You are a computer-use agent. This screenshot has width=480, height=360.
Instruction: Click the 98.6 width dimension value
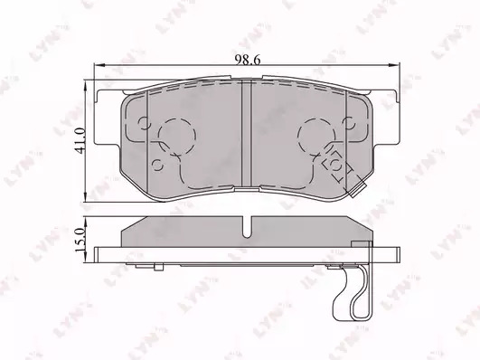tap(248, 60)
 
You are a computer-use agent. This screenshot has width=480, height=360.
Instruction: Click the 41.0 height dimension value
tap(80, 140)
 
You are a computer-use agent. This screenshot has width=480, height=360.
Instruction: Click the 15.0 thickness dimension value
tap(80, 240)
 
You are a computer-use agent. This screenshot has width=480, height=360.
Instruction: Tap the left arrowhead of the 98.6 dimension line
tap(99, 64)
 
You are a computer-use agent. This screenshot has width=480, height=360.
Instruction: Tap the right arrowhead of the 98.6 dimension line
tap(394, 64)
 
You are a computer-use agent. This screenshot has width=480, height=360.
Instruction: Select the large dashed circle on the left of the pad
tap(177, 118)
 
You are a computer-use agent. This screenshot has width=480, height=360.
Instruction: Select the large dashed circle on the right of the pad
tap(317, 118)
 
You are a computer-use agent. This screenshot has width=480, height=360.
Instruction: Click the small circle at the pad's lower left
tap(157, 166)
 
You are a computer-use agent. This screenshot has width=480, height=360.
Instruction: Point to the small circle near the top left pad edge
tap(145, 124)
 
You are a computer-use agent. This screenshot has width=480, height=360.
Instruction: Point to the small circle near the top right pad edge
tap(349, 124)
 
